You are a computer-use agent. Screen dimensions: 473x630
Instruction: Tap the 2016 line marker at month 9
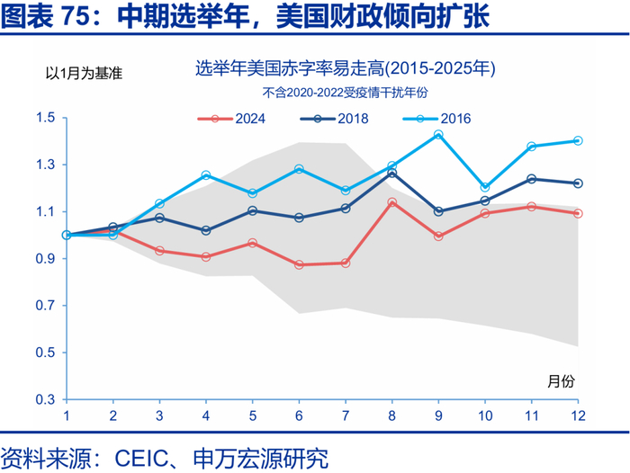pos(438,135)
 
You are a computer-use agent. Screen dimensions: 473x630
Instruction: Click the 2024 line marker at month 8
pos(391,202)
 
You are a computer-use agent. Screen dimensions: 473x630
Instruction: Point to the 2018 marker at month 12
pos(578,183)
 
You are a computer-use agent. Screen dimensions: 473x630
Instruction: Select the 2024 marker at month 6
pos(300,264)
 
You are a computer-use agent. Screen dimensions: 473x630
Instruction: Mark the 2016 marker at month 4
pos(206,175)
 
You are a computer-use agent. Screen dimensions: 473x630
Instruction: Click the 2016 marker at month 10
pos(485,187)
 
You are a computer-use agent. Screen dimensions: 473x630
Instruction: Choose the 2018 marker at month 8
pos(391,173)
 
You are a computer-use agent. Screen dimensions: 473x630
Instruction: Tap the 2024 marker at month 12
pos(578,213)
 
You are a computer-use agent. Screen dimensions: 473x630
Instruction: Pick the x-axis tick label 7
pos(346,416)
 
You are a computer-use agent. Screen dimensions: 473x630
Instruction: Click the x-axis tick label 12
pos(578,416)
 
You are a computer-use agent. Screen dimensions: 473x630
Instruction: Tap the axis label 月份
pos(560,380)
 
